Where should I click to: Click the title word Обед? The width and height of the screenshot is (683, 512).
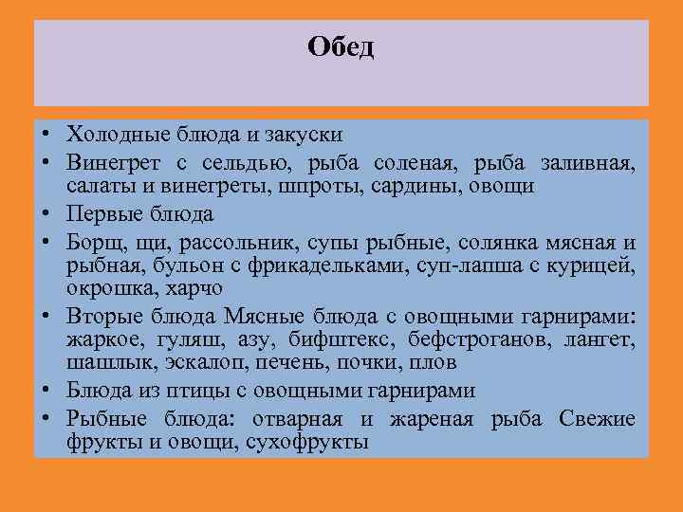click(341, 47)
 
